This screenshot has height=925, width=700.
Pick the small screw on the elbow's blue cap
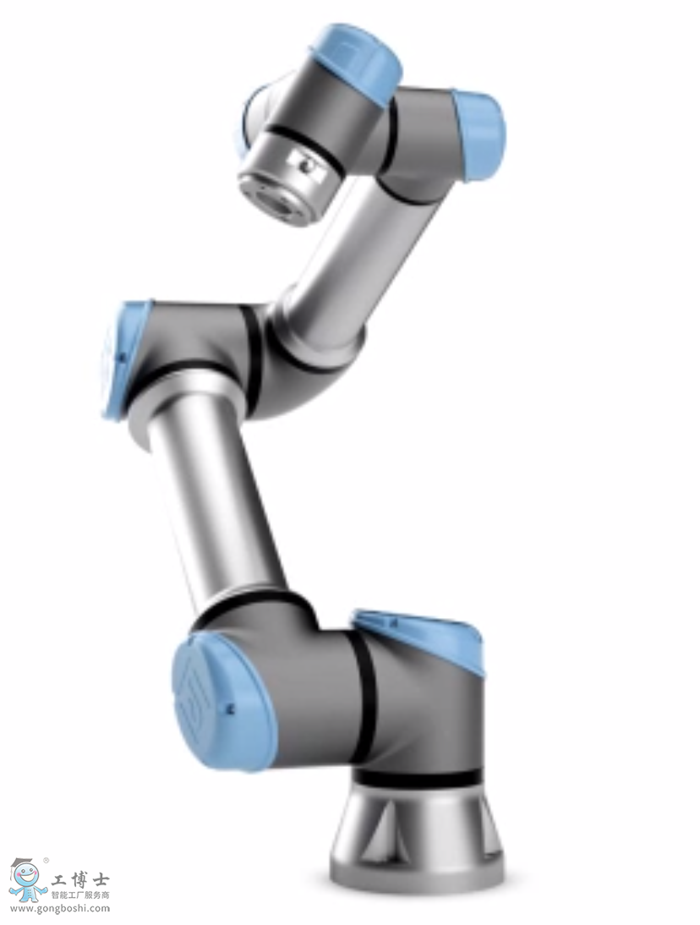[120, 358]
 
